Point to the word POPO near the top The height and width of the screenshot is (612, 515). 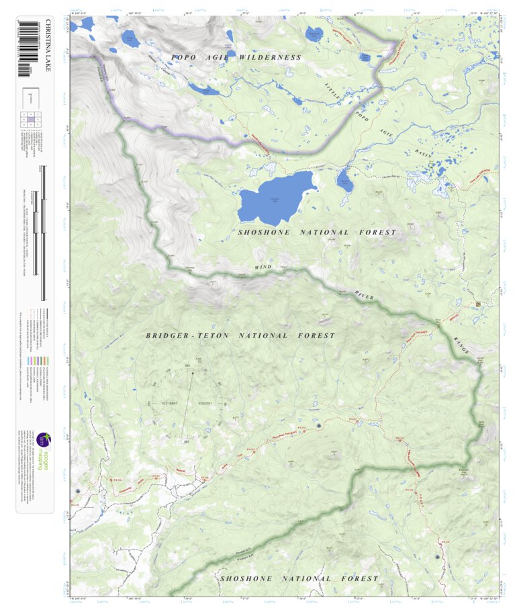tap(184, 58)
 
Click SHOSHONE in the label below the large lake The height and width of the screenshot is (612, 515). tap(265, 232)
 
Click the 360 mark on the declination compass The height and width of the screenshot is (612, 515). tap(188, 365)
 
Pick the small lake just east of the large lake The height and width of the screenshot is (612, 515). tap(344, 180)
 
